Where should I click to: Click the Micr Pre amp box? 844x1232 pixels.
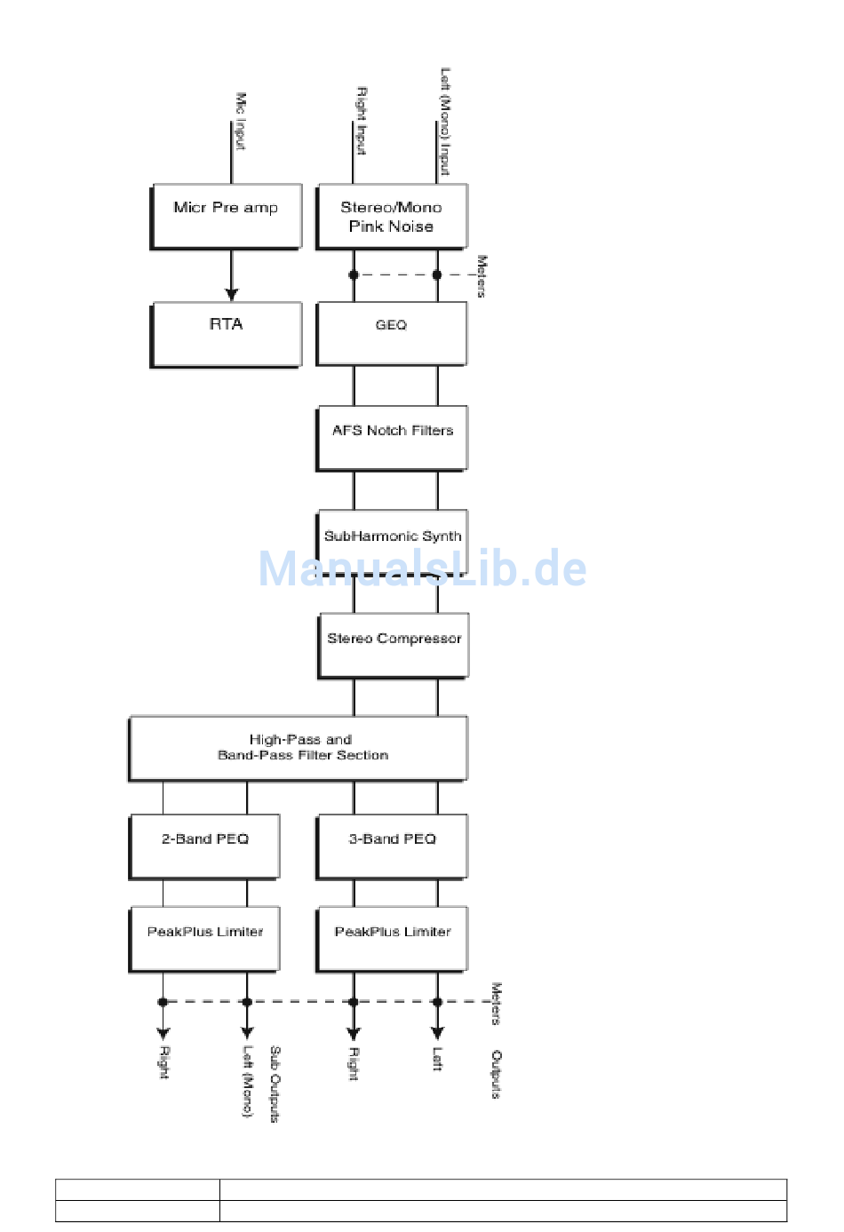coord(226,217)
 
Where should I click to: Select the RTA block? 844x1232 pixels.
coord(226,334)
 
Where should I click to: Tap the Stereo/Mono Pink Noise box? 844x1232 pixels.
coord(391,217)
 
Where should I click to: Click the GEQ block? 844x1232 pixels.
coord(391,333)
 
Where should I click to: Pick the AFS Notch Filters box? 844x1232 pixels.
coord(392,438)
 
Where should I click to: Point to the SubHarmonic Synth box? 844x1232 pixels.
coord(393,541)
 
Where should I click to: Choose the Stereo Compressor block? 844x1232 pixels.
coord(394,646)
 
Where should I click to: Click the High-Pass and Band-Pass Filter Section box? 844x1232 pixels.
coord(299,748)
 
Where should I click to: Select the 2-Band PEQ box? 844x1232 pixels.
coord(204,847)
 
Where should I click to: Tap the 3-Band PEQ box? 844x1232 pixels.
coord(392,847)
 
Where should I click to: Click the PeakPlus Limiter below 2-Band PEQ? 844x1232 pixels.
coord(204,939)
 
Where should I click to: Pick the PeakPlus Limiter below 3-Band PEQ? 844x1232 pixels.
coord(392,939)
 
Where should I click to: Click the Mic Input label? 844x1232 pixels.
coord(240,122)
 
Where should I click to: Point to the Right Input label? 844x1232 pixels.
coord(362,121)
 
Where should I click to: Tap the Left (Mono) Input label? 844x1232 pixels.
coord(445,122)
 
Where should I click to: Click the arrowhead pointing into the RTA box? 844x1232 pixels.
coord(231,294)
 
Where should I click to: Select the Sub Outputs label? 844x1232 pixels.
coord(275,1084)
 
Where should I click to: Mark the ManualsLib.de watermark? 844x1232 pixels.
coord(422,568)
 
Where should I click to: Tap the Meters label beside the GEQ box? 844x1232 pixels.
coord(482,276)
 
